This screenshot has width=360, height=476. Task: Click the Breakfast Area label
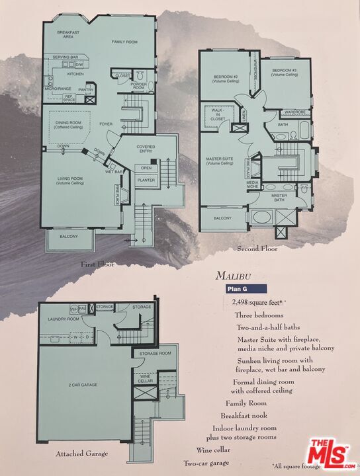click(x=68, y=35)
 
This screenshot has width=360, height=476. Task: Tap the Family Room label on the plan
click(x=124, y=41)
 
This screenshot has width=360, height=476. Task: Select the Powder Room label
click(x=139, y=85)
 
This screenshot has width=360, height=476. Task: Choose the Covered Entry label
click(x=146, y=149)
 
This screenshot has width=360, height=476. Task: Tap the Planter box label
click(x=146, y=179)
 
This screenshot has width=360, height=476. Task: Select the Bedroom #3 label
click(x=284, y=71)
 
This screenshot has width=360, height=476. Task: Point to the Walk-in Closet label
click(x=218, y=115)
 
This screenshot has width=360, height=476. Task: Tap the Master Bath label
click(x=279, y=197)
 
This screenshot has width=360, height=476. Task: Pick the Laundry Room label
click(x=63, y=319)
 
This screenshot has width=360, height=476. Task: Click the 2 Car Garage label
click(x=79, y=384)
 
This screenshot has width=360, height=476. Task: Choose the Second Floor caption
click(x=257, y=249)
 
